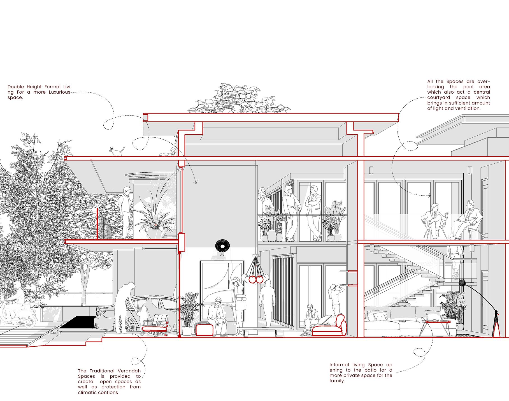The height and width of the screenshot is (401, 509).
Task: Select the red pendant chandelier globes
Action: click(256, 279)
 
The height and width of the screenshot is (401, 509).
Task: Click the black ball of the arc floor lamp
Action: click(462, 283)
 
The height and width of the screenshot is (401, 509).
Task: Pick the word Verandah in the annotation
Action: click(128, 371)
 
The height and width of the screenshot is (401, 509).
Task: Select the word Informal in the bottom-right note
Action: click(339, 365)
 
